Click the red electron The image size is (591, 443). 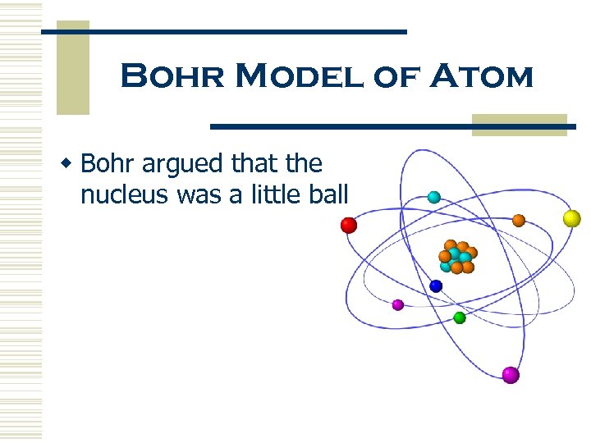349,225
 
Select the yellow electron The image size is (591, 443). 571,218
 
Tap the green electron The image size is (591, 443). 460,317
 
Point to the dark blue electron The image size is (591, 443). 436,286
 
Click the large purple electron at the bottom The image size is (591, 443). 511,375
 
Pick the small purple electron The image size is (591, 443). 398,304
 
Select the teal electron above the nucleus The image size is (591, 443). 433,197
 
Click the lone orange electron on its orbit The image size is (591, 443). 519,220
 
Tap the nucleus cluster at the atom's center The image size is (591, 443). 457,256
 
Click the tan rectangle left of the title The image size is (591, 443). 72,70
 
